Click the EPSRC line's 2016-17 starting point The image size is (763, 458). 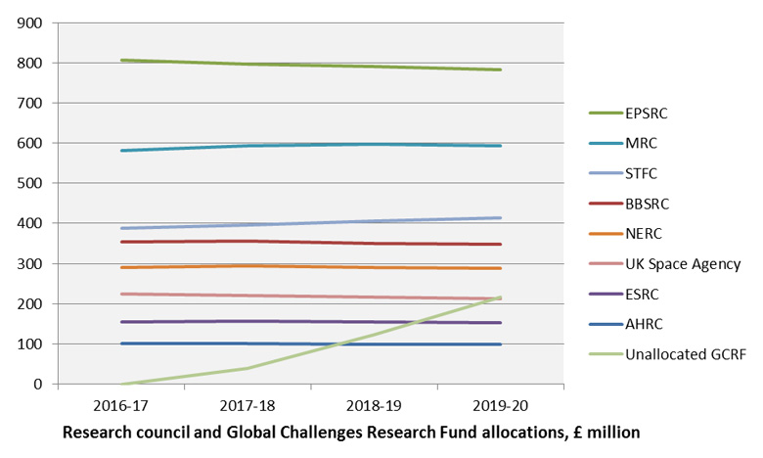pyautogui.click(x=121, y=60)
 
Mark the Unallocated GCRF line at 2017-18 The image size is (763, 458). pyautogui.click(x=247, y=368)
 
